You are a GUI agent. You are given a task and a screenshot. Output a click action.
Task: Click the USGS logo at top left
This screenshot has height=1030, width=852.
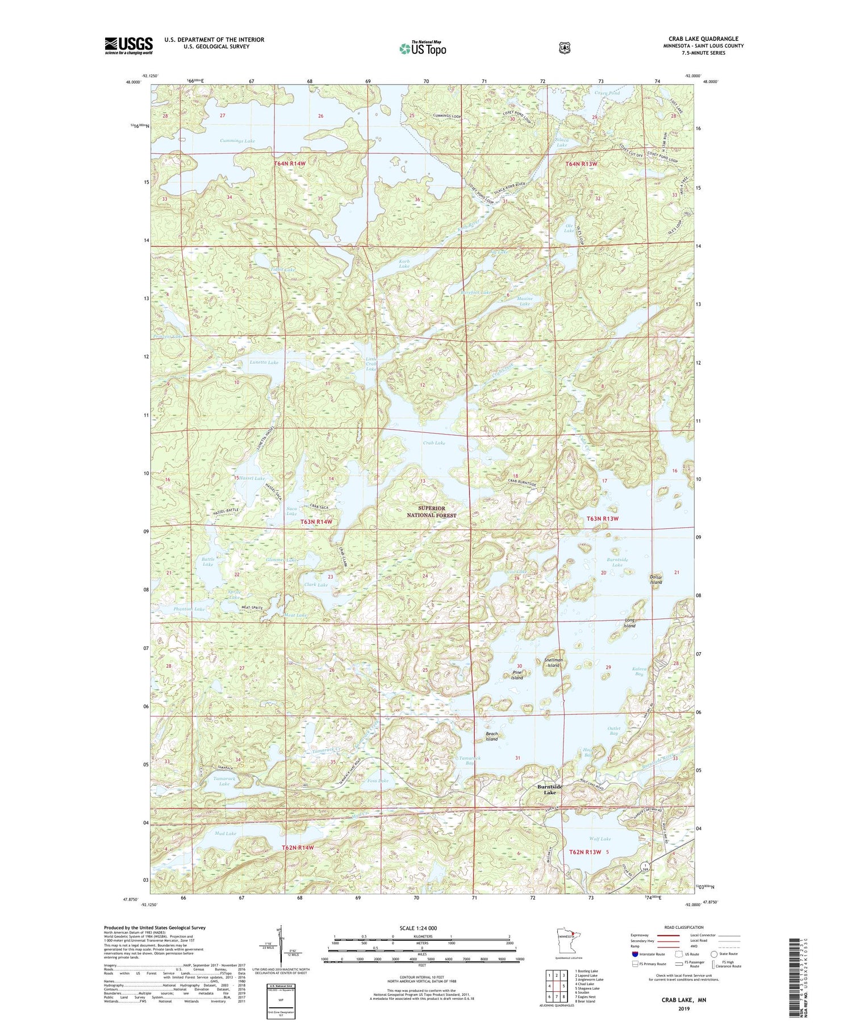(128, 45)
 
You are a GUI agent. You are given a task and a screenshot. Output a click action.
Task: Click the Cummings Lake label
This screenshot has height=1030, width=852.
(237, 141)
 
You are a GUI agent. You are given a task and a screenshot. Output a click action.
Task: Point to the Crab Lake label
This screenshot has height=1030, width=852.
(434, 443)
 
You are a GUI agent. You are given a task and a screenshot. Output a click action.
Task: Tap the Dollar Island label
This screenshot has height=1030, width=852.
(656, 579)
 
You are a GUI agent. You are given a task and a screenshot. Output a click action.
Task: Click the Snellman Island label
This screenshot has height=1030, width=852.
(553, 662)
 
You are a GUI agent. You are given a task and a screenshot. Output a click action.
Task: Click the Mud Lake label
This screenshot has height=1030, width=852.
(225, 833)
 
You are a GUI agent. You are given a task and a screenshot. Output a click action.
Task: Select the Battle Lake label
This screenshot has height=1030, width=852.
(208, 562)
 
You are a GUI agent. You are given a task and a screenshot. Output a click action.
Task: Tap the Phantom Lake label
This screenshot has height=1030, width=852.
(189, 609)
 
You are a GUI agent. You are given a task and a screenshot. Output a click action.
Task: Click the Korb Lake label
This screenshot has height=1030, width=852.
(404, 264)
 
